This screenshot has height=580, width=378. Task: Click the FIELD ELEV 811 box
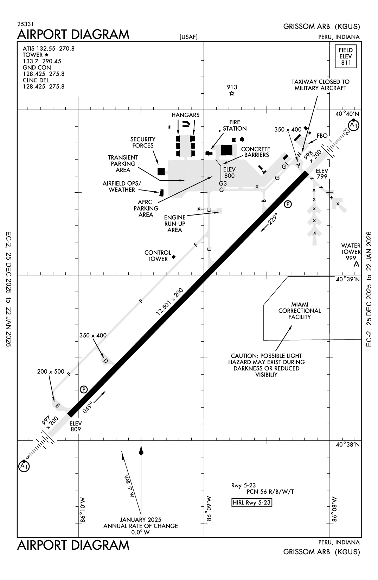click(x=345, y=56)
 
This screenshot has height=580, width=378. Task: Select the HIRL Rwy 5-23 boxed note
click(x=252, y=503)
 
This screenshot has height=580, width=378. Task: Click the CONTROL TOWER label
click(x=158, y=256)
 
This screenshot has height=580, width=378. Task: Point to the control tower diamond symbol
click(x=173, y=257)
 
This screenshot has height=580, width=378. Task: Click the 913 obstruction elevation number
click(x=232, y=87)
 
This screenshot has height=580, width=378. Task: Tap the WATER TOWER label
click(x=351, y=249)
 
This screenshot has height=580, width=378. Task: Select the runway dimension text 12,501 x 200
click(x=170, y=301)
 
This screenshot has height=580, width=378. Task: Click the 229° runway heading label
click(x=273, y=219)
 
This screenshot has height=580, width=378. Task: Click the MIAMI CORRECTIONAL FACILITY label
click(x=300, y=311)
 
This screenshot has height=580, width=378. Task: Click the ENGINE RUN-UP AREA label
click(x=175, y=223)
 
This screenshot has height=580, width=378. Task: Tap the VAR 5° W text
click(x=129, y=486)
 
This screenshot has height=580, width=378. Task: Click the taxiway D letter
click(x=105, y=360)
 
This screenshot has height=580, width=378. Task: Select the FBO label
click(x=322, y=136)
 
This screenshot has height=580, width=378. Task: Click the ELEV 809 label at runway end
click(x=76, y=426)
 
